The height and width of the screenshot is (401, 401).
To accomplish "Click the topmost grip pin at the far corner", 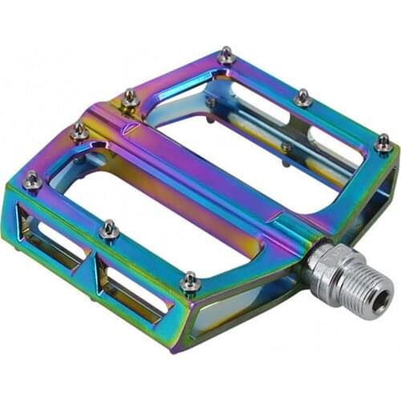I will pos(227,55).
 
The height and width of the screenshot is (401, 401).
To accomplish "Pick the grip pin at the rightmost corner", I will pos(383,144).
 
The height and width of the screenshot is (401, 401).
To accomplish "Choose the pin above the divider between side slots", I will pos(108,231).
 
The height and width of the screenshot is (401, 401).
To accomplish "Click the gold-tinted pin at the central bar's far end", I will pos(129,98).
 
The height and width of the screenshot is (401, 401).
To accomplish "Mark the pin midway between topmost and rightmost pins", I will pos(303,97).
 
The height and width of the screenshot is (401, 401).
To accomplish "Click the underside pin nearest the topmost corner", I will pos(211,102).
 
